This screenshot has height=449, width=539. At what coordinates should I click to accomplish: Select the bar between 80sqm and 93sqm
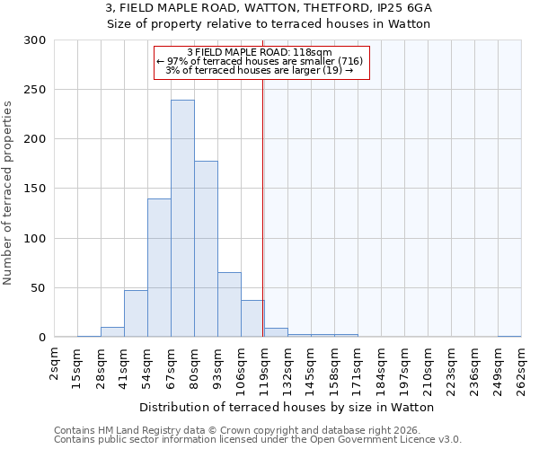206,249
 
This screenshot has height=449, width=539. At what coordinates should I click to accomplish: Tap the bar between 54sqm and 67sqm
159,268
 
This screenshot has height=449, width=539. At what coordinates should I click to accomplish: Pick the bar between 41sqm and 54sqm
136,313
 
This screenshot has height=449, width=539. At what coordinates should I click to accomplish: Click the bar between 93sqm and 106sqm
229,304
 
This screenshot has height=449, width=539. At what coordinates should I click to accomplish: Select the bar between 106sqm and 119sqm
252,319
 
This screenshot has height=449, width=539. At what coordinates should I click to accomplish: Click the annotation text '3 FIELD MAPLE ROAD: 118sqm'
260,52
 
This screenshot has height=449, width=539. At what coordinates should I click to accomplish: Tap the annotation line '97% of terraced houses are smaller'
260,61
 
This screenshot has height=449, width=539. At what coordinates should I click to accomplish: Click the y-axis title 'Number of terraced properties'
8,192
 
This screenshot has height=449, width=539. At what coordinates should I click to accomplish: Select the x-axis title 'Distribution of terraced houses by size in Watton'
287,407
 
